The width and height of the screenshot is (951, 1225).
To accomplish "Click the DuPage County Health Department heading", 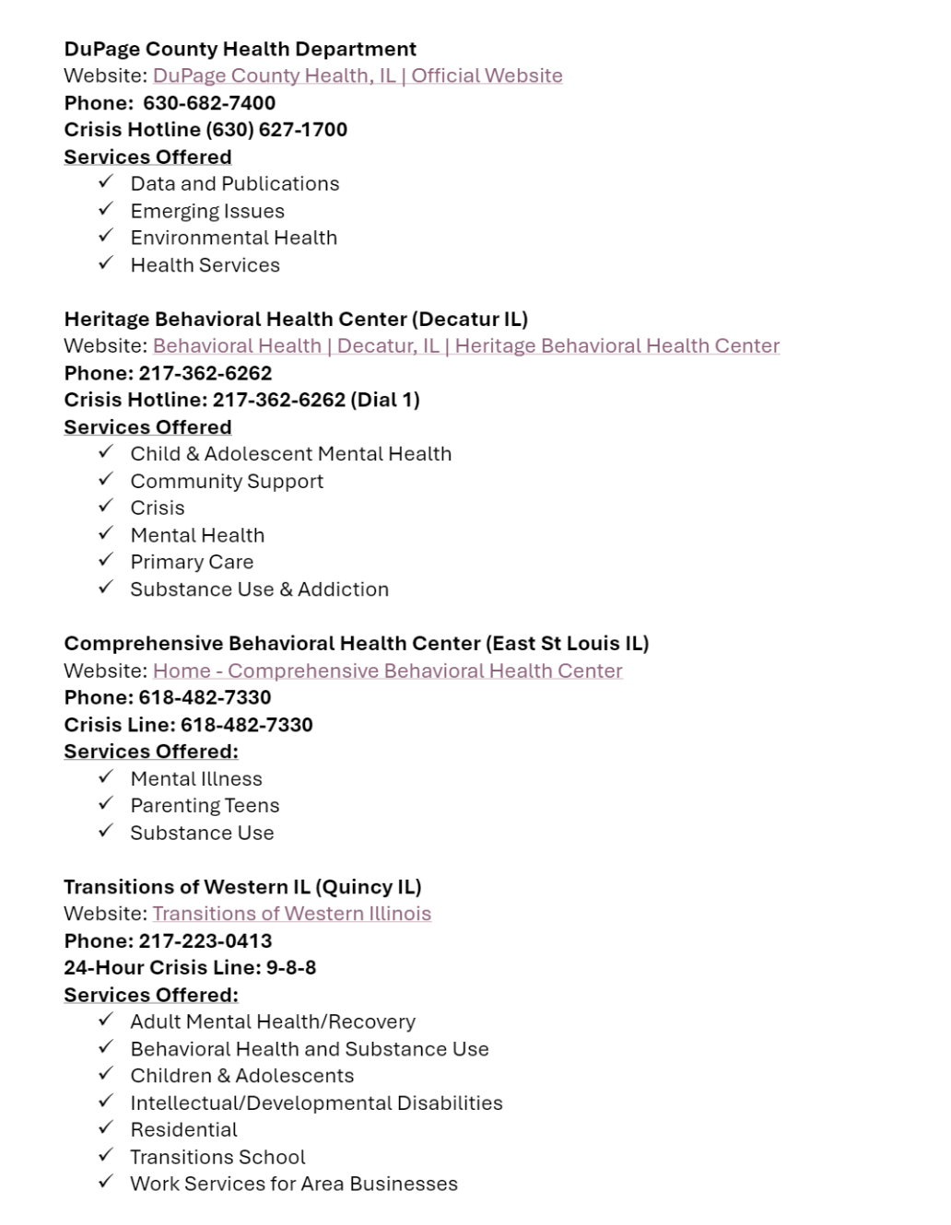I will [x=240, y=49].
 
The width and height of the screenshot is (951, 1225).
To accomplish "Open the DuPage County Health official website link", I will [x=358, y=76].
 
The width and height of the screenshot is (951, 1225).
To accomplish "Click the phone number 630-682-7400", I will [x=209, y=103].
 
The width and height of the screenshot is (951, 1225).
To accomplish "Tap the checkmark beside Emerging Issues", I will [x=106, y=210].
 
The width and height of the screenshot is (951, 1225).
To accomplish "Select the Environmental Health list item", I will [x=233, y=238].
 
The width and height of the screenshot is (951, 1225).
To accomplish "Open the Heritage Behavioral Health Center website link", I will [x=465, y=345].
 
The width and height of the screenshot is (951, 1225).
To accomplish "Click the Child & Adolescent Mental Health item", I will [x=290, y=454].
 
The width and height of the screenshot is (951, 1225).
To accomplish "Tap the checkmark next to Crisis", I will [x=106, y=507].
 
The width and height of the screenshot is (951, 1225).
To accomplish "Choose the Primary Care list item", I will [x=192, y=562].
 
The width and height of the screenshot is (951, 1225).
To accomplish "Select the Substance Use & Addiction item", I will [x=259, y=589].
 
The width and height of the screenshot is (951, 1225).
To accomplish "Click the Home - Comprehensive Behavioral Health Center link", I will [x=387, y=671].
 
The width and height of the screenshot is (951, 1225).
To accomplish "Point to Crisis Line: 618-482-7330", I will [x=188, y=725].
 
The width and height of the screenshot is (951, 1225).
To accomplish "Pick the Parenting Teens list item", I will [x=205, y=806].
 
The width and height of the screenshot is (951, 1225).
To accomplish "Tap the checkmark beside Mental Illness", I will [x=106, y=777].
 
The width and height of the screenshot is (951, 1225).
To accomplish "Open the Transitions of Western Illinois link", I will [x=291, y=914].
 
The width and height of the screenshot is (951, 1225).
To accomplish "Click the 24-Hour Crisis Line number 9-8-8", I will [x=291, y=968].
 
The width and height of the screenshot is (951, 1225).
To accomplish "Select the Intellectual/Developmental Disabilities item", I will [x=316, y=1103].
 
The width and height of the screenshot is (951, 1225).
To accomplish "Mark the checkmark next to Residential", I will [x=106, y=1128].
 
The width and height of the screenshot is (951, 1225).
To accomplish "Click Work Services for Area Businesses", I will [x=293, y=1184].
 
